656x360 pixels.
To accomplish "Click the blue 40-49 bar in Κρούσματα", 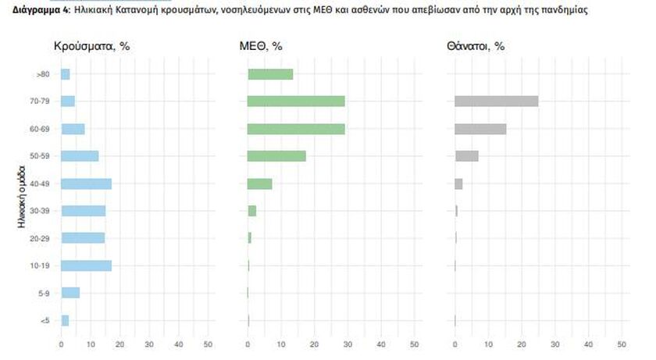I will click(x=86, y=184).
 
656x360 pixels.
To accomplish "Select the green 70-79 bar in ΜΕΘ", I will click(x=296, y=101).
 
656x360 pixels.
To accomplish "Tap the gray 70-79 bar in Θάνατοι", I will click(x=496, y=101).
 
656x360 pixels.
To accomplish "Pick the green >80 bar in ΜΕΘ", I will click(x=270, y=74).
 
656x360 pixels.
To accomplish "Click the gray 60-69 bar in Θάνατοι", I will click(x=480, y=129).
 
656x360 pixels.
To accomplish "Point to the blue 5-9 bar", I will click(x=70, y=293).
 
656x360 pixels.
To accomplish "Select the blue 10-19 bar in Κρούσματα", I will click(x=86, y=266).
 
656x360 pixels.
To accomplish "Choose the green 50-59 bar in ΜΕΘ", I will click(x=276, y=156).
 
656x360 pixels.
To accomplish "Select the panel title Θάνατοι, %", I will click(x=476, y=47).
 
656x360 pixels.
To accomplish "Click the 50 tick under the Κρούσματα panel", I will click(x=208, y=344).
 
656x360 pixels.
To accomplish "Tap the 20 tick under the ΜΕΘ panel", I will click(x=314, y=344).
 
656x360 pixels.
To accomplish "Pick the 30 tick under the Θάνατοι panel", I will click(x=554, y=344).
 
